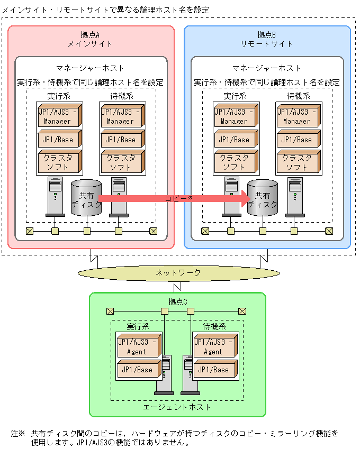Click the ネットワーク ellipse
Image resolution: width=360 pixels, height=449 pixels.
pyautogui.click(x=178, y=273)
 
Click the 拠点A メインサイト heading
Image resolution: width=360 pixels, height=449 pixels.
pyautogui.click(x=91, y=39)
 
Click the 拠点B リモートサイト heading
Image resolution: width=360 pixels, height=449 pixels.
pyautogui.click(x=267, y=39)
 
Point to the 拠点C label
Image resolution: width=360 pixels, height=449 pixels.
pyautogui.click(x=178, y=302)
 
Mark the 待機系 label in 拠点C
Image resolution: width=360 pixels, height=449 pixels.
pyautogui.click(x=214, y=327)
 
